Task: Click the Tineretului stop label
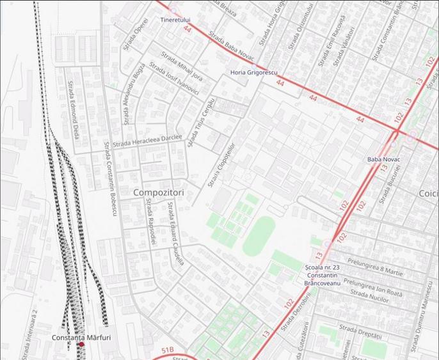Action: (x=175, y=20)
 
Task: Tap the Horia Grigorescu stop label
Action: (x=254, y=73)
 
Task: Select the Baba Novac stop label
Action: (x=383, y=159)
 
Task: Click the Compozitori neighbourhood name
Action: (x=158, y=192)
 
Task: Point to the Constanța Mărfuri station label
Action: (x=81, y=337)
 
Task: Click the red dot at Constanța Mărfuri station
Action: (x=81, y=345)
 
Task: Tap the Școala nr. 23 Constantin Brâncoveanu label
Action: (x=322, y=275)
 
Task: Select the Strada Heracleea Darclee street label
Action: (x=147, y=140)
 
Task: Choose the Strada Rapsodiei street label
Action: (x=150, y=221)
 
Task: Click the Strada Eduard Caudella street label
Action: (x=175, y=233)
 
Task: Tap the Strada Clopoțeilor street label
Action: (x=221, y=165)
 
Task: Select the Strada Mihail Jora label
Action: (x=182, y=67)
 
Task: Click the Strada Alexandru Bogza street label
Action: (x=133, y=95)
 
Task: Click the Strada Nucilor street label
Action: (x=369, y=296)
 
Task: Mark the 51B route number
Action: (x=168, y=350)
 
